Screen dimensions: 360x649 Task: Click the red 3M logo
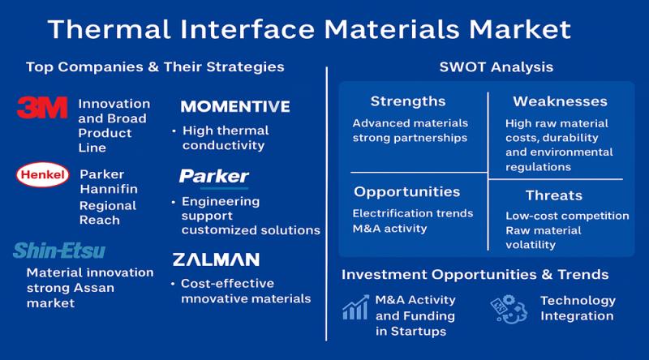coord(41,107)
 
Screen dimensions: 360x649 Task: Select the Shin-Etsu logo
coord(59,251)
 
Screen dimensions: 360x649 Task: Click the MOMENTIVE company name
coord(234,106)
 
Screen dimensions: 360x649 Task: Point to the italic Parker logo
coord(214,177)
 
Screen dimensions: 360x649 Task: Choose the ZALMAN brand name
coord(216,259)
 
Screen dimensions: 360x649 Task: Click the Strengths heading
coord(407,101)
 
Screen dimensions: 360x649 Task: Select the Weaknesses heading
coord(560,101)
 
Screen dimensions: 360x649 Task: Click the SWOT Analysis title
coord(485,66)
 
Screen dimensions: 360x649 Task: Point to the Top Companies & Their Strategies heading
coord(155,66)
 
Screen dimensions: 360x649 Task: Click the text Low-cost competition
coord(567,216)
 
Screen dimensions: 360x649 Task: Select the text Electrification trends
coord(411,213)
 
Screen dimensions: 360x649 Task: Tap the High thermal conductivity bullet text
coord(225,138)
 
